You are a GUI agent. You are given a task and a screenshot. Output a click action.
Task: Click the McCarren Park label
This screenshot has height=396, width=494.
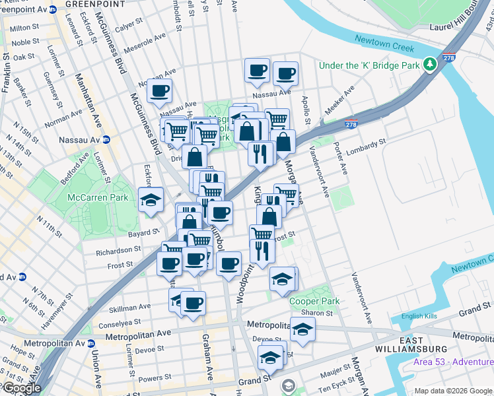click(x=91, y=197)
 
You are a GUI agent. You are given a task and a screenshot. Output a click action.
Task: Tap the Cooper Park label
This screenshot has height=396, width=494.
click(x=314, y=301)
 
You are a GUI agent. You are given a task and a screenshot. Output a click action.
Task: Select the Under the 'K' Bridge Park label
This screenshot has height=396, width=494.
click(x=369, y=65)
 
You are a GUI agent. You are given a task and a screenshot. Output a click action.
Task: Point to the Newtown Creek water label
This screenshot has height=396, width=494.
click(x=384, y=48)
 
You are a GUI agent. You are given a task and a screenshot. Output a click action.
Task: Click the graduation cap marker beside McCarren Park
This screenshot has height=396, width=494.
click(x=151, y=200)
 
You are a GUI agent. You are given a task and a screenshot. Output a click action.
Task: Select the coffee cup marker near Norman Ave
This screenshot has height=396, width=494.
click(x=159, y=91)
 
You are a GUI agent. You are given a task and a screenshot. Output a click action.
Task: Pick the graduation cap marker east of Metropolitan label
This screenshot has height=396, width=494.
click(x=302, y=330)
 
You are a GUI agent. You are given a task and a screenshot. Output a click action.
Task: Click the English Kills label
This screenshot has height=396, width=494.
click(x=415, y=316)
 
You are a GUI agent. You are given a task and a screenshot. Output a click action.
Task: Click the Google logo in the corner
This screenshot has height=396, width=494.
click(x=22, y=388)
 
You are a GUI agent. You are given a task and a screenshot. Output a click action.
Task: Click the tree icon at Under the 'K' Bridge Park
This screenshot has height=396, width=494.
click(x=430, y=65)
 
